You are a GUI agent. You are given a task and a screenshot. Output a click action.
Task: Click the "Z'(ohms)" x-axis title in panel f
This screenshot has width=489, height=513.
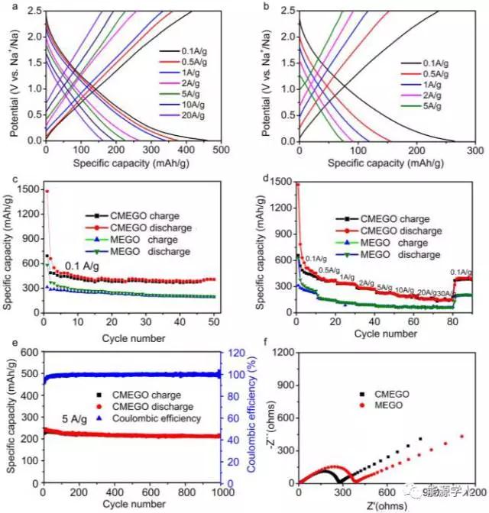click(x=380, y=504)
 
